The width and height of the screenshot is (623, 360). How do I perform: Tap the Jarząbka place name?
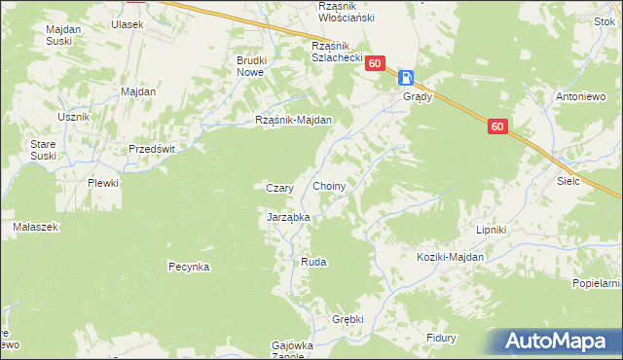(288, 218)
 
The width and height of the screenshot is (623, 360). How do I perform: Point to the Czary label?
(280, 188)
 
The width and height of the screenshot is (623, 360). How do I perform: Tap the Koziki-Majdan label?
(450, 257)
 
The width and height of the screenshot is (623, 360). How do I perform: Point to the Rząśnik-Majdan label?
(294, 121)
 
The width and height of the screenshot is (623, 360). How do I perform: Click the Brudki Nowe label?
(251, 67)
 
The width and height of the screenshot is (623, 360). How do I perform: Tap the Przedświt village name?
(152, 149)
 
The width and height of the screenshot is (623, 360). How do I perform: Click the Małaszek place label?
(36, 226)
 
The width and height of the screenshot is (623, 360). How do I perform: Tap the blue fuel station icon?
(406, 78)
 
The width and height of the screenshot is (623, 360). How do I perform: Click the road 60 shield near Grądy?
(376, 62)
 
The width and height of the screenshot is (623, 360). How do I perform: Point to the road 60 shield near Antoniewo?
(497, 126)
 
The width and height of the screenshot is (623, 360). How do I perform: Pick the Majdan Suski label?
(63, 36)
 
